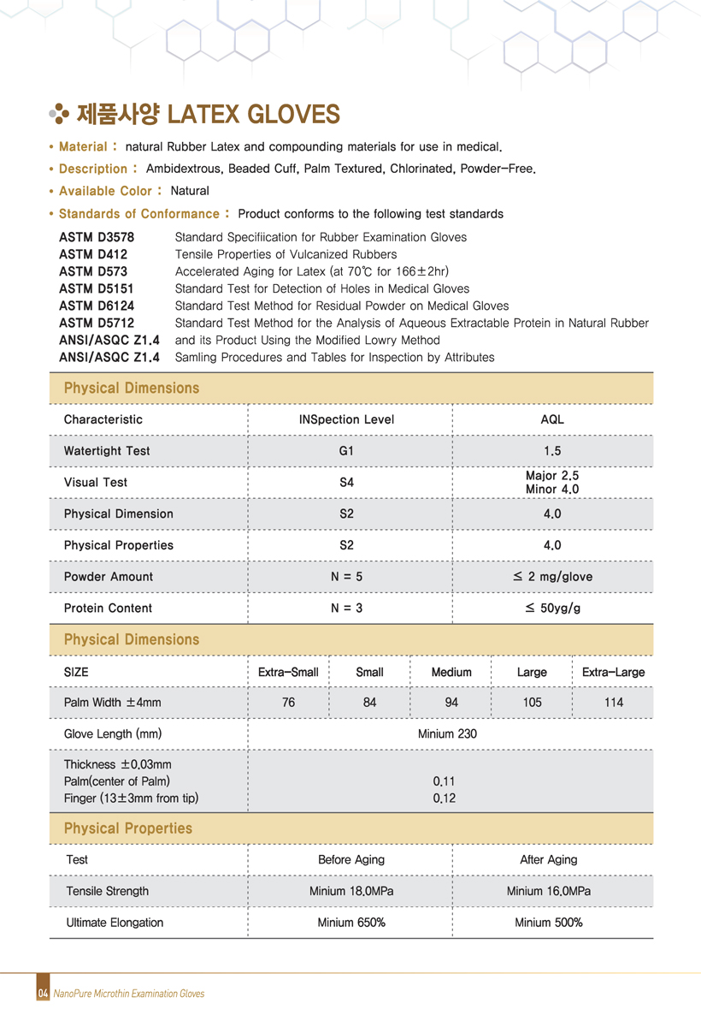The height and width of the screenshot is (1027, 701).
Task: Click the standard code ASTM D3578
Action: [x=97, y=237]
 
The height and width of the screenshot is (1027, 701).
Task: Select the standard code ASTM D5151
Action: [x=97, y=288]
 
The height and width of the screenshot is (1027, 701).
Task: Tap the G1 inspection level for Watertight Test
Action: [x=346, y=451]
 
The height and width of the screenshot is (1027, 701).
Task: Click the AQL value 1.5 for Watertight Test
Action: [x=552, y=451]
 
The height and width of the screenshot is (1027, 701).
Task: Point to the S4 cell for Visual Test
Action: [x=346, y=483]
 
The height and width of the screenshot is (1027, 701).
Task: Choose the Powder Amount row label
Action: [x=109, y=577]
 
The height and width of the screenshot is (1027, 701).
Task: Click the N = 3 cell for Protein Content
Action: [x=346, y=608]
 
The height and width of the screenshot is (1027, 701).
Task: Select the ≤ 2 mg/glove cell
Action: [x=552, y=577]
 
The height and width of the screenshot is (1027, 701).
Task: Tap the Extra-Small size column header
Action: [x=288, y=673]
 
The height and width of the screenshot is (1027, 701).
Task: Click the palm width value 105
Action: [x=532, y=703]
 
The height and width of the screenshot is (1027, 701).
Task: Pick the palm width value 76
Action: [x=288, y=703]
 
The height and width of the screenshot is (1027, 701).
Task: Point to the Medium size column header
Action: [x=451, y=673]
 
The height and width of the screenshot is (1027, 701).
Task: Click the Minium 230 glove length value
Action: [x=447, y=734]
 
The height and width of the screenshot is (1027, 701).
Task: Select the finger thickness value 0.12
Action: [x=445, y=798]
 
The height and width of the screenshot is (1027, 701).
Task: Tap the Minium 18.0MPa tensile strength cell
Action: [x=351, y=892]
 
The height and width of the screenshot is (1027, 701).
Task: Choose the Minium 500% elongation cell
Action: [x=549, y=923]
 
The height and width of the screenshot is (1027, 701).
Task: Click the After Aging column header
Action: [x=549, y=860]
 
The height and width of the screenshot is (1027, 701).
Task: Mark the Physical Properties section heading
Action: [x=128, y=828]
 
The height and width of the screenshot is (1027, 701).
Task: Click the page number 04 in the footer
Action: [x=42, y=994]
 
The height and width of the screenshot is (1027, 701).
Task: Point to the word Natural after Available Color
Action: [x=190, y=191]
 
